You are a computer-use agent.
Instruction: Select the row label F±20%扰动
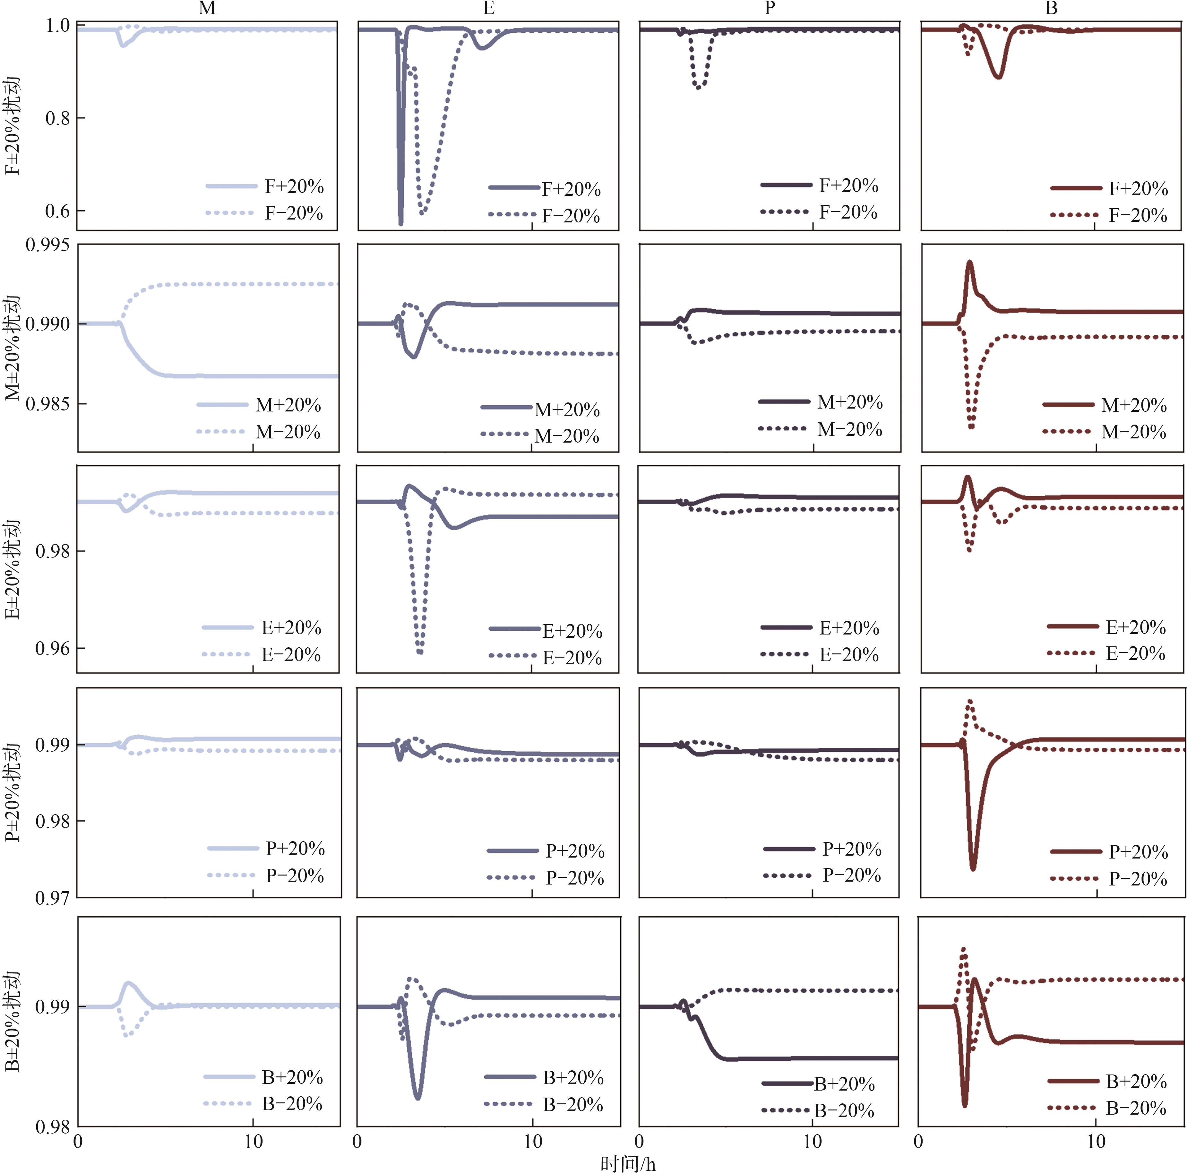tap(12, 126)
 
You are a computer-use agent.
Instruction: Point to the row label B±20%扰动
tap(12, 1021)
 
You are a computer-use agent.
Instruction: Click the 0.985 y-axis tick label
tap(47, 404)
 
